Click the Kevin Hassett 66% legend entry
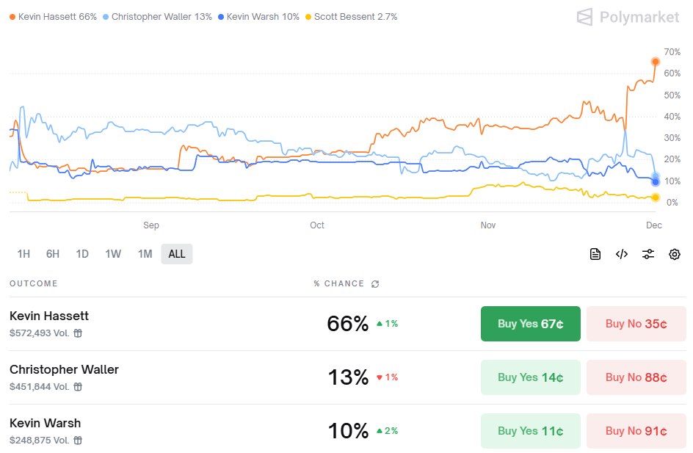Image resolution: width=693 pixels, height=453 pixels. (x=53, y=16)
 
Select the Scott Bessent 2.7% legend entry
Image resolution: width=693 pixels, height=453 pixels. (x=352, y=16)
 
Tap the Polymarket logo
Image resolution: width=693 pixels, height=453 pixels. (x=628, y=17)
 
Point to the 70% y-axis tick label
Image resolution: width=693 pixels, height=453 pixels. (x=671, y=52)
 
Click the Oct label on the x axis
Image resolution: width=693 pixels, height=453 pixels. (x=317, y=225)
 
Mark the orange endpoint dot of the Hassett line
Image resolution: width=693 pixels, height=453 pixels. (x=656, y=62)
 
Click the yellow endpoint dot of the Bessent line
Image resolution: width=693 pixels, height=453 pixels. (x=656, y=197)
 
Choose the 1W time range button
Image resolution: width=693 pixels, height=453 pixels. (x=113, y=254)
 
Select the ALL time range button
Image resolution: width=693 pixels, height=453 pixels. (x=177, y=254)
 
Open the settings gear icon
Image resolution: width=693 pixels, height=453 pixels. (x=675, y=254)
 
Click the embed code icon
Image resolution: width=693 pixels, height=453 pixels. (x=622, y=254)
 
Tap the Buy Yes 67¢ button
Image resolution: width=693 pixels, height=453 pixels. (x=530, y=324)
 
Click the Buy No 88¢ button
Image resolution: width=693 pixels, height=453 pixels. (x=636, y=377)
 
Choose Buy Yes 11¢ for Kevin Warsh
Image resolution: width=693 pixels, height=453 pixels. (x=530, y=431)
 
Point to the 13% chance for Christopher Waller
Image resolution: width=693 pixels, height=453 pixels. (x=348, y=377)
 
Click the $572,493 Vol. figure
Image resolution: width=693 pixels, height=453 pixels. (x=40, y=333)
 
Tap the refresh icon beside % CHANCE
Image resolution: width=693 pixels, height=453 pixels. (x=376, y=284)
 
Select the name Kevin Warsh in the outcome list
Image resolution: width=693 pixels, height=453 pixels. (x=46, y=423)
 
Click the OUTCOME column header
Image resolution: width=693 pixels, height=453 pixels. (x=34, y=283)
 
